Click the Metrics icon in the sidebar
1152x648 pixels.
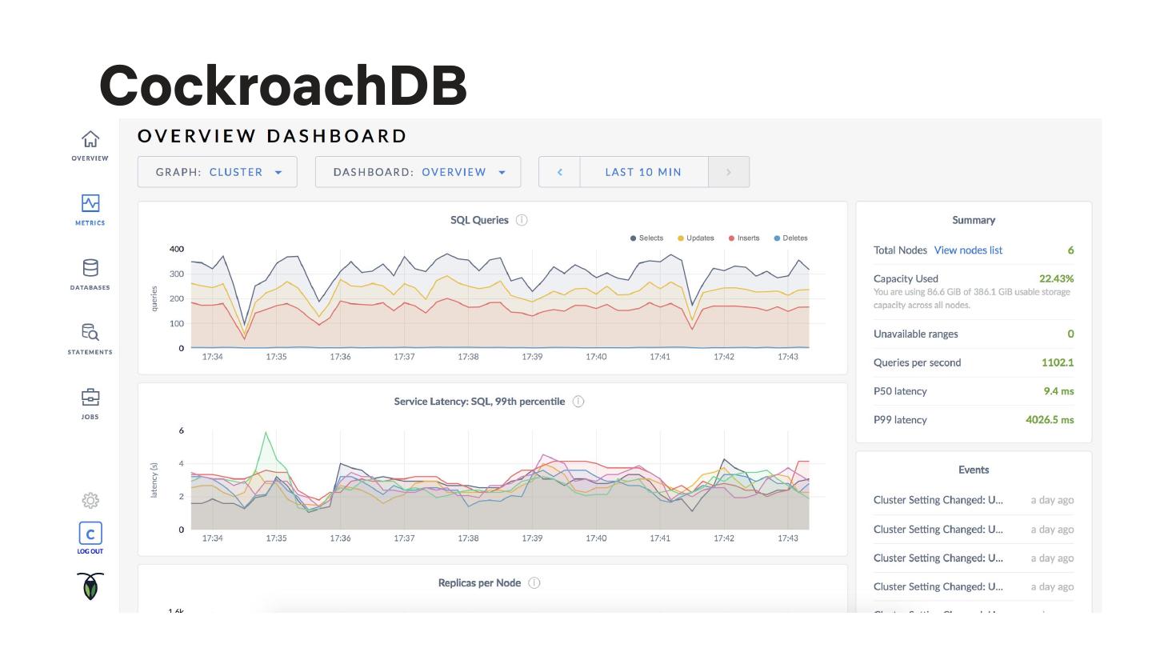[90, 203]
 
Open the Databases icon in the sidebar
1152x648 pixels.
[90, 268]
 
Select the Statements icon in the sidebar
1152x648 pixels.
[90, 332]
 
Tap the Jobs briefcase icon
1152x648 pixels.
[90, 397]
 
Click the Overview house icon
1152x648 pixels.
[90, 139]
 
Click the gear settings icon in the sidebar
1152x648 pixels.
[90, 501]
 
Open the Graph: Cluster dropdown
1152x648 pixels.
[218, 172]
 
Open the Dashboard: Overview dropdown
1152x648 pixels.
[418, 172]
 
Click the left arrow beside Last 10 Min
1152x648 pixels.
[559, 172]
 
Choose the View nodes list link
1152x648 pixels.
[968, 250]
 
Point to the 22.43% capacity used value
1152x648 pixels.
[1056, 278]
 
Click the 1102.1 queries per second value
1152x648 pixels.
[1057, 362]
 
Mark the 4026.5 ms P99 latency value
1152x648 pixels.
[1050, 420]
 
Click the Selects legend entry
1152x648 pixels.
[646, 238]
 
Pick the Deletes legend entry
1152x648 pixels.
[790, 238]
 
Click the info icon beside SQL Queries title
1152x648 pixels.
[522, 220]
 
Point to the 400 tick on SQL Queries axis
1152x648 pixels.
[176, 249]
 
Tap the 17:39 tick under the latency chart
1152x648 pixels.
[532, 538]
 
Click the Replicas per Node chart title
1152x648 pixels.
[479, 583]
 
